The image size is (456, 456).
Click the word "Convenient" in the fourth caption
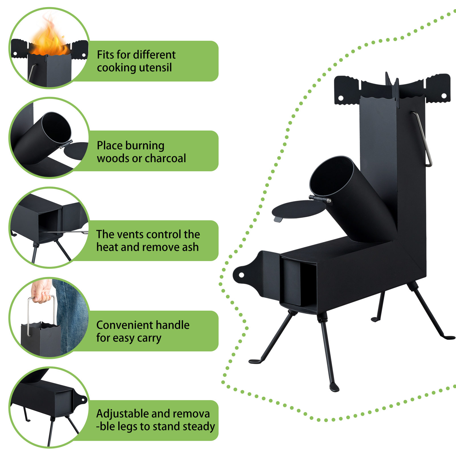point(125,325)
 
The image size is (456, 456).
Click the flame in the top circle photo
point(50,37)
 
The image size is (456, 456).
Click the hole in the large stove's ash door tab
point(241,275)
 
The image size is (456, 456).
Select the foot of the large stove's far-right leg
point(448,337)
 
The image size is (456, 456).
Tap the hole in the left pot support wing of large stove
point(341,98)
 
